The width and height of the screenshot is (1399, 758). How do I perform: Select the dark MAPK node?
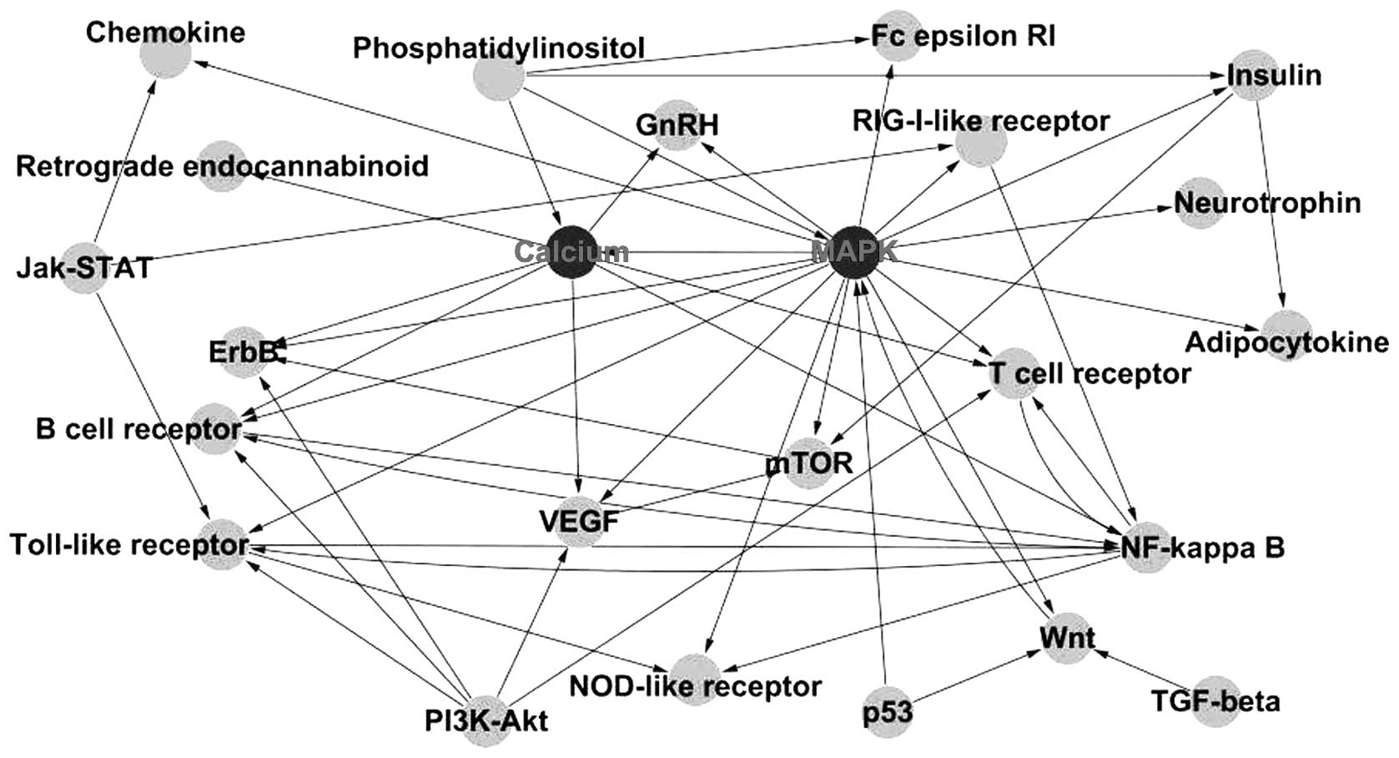(x=853, y=251)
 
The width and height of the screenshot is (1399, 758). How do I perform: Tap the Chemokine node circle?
(x=165, y=53)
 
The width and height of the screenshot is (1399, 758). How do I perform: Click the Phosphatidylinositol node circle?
(x=498, y=77)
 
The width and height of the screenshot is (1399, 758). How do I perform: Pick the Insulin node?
(x=1251, y=77)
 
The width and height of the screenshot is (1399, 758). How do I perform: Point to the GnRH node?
(x=677, y=125)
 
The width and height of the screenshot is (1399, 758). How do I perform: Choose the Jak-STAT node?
(x=85, y=267)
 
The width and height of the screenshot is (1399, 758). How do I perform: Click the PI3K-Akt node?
(x=486, y=719)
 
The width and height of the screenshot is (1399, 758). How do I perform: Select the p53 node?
(x=888, y=712)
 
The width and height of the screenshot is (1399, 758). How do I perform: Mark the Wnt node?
(x=1067, y=639)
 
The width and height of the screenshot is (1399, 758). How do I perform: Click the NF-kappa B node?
(x=1146, y=548)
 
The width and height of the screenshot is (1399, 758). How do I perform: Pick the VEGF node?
(x=579, y=523)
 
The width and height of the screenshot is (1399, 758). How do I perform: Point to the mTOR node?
(x=809, y=462)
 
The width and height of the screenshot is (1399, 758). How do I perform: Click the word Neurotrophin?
(x=1267, y=203)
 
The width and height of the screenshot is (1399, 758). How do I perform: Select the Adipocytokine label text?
(x=1286, y=342)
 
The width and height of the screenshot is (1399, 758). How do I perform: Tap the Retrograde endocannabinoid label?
(x=222, y=166)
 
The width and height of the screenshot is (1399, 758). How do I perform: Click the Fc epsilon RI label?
(x=963, y=37)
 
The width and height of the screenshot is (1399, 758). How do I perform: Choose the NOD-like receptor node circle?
(x=694, y=679)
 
